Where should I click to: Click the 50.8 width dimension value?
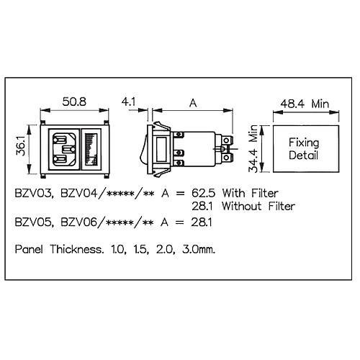coord(74,102)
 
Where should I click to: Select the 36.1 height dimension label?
coord(21,145)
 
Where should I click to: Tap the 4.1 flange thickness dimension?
coord(128,102)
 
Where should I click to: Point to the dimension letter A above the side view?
coord(193,103)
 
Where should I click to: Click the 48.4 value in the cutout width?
coord(292,104)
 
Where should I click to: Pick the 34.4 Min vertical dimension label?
coord(253,149)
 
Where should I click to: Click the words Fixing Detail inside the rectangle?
coord(304,149)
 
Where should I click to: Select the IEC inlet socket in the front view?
coord(64,149)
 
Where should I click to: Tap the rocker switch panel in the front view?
coord(91,149)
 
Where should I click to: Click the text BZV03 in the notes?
coord(34,194)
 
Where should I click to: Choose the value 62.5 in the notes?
coord(203,193)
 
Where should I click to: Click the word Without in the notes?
coord(241,206)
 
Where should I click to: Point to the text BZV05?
coord(34,222)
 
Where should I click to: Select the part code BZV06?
coord(79,222)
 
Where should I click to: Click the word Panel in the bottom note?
coord(29,249)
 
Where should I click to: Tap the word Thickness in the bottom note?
coord(77,249)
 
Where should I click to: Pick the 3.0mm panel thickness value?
coord(199,250)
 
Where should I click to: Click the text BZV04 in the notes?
coord(79,193)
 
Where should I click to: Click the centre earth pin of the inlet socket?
coord(68,150)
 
